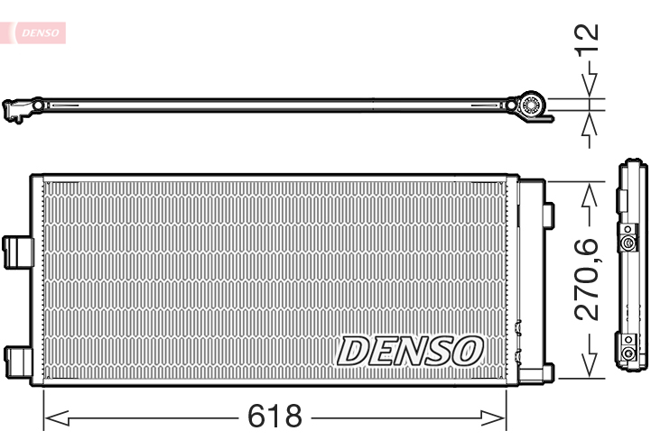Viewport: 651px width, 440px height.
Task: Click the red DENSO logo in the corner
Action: coord(39,32)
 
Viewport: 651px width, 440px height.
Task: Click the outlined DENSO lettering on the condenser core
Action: coord(411,351)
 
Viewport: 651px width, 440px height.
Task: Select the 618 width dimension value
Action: coord(274,417)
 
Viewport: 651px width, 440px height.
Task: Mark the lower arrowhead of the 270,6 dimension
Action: coord(590,366)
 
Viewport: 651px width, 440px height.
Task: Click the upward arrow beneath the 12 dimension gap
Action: coord(590,124)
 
